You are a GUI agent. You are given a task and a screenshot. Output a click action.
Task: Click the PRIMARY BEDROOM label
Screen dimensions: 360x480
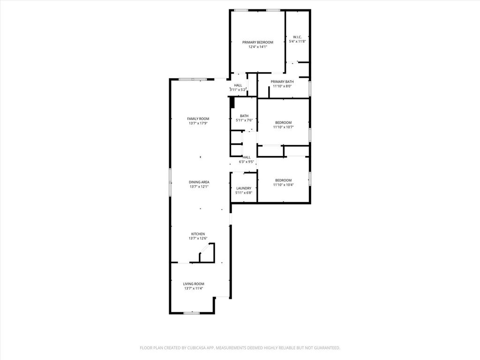click(x=257, y=42)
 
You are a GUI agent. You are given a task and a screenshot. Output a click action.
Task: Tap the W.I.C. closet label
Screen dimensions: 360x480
click(x=297, y=37)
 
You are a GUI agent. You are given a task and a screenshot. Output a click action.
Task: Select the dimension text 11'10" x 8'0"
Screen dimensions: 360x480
click(x=282, y=86)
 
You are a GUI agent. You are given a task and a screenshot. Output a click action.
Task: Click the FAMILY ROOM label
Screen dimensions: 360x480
click(x=198, y=119)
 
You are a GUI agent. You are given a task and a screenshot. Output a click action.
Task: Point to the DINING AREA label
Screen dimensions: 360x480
click(x=199, y=182)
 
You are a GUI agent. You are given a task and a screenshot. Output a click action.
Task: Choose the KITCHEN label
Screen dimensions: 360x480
click(x=197, y=234)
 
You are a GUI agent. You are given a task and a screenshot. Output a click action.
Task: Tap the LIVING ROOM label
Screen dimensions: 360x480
click(x=194, y=284)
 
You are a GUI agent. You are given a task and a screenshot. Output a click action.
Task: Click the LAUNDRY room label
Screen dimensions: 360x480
click(x=244, y=188)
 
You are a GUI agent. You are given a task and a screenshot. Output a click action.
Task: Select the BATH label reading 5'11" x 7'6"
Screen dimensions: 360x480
click(x=244, y=116)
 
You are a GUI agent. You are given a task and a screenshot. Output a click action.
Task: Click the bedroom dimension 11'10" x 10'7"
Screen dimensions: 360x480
click(x=283, y=127)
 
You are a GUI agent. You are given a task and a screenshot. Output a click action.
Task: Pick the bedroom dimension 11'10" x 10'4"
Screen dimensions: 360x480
click(x=283, y=185)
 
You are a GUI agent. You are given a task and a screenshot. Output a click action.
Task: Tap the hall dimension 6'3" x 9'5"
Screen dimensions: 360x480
click(x=247, y=162)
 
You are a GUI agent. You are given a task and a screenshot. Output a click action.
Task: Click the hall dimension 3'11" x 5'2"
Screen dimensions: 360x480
click(x=238, y=90)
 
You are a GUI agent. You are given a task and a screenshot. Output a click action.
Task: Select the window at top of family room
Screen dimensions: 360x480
click(x=192, y=79)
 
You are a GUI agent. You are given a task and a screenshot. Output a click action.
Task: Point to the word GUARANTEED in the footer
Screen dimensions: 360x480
click(x=325, y=348)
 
